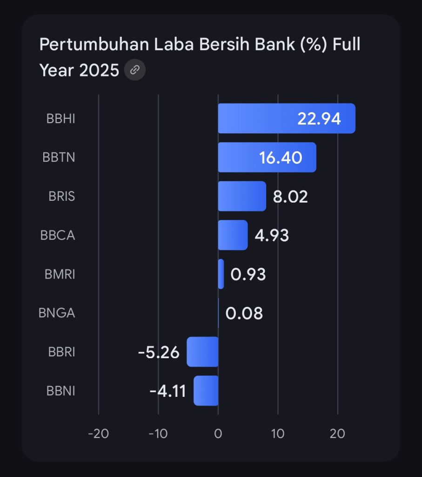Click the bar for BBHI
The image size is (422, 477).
pos(261,118)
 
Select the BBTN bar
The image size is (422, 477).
pos(242,157)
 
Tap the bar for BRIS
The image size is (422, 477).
pos(241,196)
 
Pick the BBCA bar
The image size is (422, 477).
pos(233,235)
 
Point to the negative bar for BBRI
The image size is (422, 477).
pos(202,352)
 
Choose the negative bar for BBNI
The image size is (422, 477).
pos(206,390)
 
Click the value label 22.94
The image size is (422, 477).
pos(319,119)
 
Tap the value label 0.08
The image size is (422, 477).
pos(244,313)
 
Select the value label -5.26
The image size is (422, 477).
pos(159,352)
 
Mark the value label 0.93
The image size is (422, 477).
pos(248,274)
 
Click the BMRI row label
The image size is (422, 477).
pos(60,274)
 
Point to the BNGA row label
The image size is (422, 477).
pos(57,313)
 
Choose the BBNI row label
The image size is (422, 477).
pos(60,390)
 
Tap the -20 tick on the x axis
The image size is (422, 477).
pos(98,434)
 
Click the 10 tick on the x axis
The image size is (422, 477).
pos(278,434)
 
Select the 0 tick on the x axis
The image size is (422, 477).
pos(218,434)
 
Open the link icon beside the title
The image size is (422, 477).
pos(135,70)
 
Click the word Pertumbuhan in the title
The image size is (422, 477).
pos(81,45)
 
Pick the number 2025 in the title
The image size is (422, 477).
pos(99,70)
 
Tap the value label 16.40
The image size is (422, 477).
pos(281,158)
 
